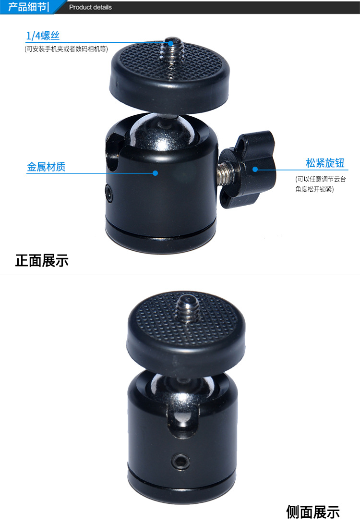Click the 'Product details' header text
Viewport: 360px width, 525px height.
point(90,7)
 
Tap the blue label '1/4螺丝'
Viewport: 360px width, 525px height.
point(43,36)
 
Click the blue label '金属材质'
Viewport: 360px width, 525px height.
point(46,167)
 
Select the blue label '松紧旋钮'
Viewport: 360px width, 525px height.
point(325,163)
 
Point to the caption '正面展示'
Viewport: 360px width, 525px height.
point(42,260)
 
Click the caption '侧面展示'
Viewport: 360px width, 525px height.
point(313,512)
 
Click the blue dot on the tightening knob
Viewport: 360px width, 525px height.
point(255,169)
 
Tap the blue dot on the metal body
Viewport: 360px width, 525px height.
point(156,172)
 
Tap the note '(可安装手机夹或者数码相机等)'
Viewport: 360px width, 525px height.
point(66,49)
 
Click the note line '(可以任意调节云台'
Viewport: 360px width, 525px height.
point(320,179)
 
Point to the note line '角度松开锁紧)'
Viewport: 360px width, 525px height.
point(314,189)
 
